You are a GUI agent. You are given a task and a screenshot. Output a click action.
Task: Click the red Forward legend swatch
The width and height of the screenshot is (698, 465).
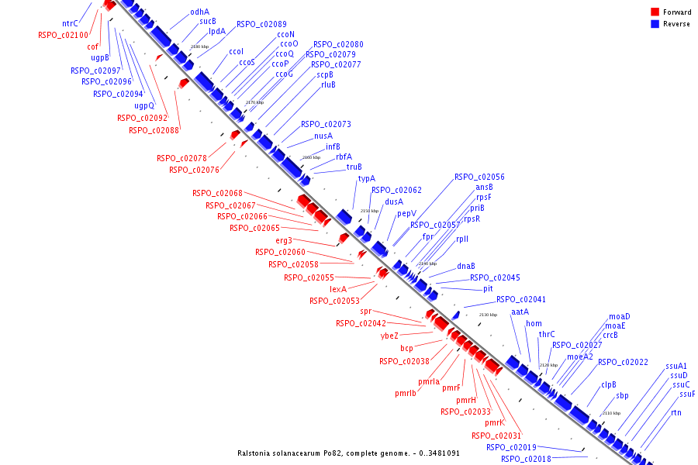click(655, 12)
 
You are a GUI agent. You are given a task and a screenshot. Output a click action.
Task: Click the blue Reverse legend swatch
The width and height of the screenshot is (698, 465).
click(655, 23)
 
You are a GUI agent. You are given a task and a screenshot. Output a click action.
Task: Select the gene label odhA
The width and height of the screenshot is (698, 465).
click(199, 12)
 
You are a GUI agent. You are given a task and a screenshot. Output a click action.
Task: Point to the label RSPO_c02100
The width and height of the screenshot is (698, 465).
click(64, 35)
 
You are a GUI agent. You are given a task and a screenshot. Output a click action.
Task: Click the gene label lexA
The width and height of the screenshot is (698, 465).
click(338, 289)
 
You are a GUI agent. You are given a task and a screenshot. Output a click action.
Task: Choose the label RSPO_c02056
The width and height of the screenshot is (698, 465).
click(479, 177)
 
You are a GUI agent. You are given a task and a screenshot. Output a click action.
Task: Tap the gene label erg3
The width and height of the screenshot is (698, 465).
click(284, 240)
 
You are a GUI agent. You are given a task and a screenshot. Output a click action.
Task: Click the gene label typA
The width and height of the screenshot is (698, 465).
click(366, 178)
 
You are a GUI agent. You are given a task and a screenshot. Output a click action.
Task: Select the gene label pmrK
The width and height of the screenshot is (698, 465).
click(495, 422)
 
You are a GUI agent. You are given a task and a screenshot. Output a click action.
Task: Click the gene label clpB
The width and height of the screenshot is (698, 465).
click(609, 384)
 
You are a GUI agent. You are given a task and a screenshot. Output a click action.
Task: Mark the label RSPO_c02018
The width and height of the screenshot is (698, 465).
click(526, 459)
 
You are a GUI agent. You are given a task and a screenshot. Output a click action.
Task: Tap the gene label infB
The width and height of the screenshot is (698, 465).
click(333, 146)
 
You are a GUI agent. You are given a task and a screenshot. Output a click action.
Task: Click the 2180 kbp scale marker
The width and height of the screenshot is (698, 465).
click(199, 46)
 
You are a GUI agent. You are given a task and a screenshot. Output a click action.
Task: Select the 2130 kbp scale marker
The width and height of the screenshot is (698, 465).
click(488, 315)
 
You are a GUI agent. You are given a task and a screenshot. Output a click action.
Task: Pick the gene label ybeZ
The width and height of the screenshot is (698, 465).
click(389, 336)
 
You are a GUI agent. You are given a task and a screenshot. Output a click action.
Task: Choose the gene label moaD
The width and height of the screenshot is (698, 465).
click(619, 316)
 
